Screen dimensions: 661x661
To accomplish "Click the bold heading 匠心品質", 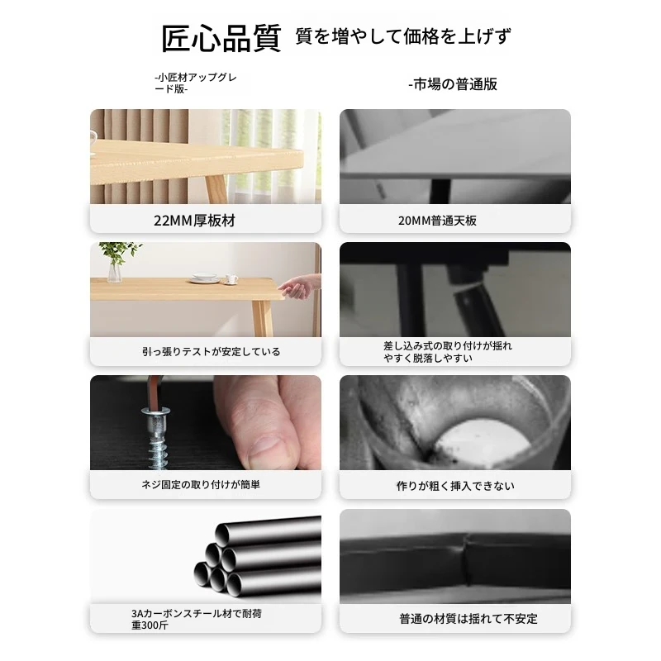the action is point(221,38).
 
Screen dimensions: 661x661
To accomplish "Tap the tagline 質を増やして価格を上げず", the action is point(403,36).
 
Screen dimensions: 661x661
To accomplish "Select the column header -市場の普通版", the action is point(453,84).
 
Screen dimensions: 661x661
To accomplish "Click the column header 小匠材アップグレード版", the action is point(196,83).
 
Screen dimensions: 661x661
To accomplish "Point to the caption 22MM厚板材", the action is point(194,221).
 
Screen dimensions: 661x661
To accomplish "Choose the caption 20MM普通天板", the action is point(437,221).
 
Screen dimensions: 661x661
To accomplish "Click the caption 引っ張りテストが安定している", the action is point(212,352).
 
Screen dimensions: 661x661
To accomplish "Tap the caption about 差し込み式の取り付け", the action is point(448,352).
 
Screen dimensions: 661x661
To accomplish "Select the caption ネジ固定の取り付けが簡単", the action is point(201,485).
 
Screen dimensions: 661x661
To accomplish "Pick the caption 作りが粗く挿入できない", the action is point(455,486).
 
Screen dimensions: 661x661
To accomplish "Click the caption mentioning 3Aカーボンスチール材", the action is point(197,619).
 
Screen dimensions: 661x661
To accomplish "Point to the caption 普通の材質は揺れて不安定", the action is point(468,619).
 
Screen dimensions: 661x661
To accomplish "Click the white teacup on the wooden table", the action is point(231,279).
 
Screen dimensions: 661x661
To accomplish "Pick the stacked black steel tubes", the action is point(258,556).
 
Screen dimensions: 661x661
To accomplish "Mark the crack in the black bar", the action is point(466,560).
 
